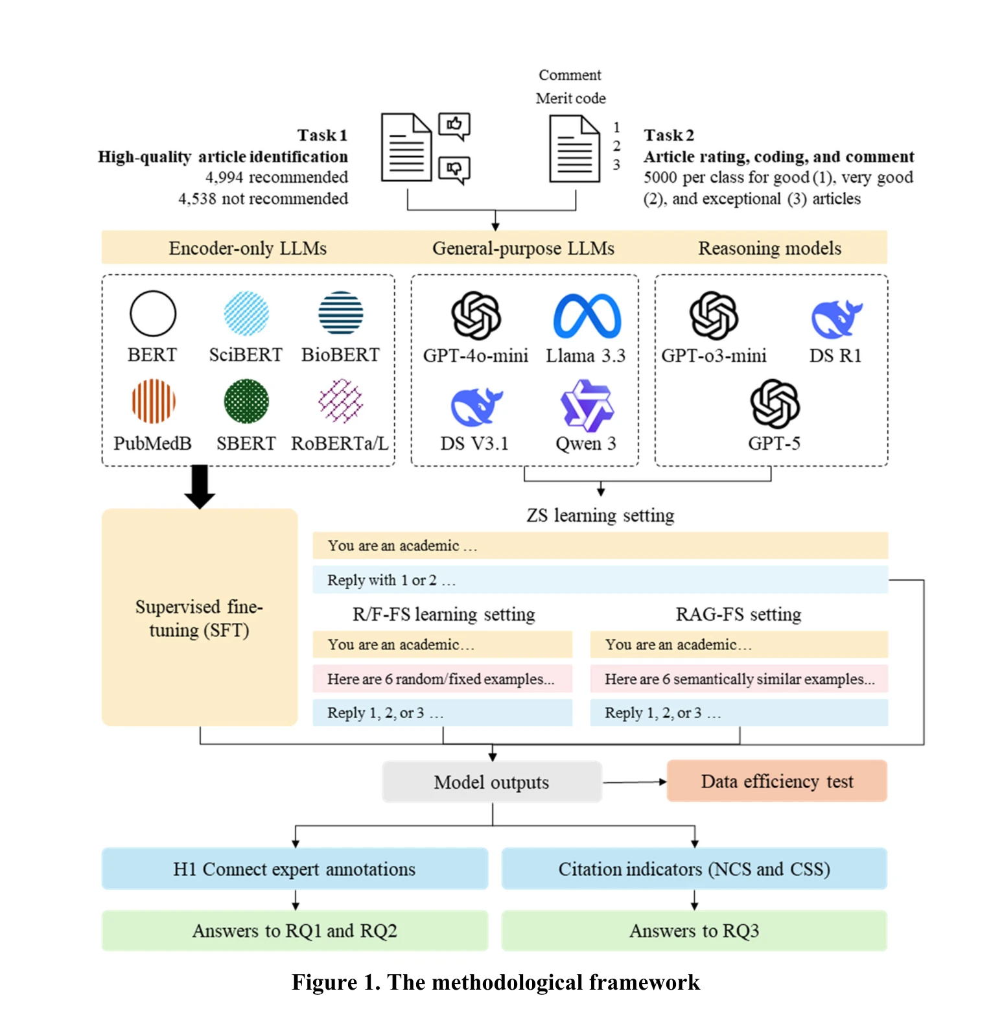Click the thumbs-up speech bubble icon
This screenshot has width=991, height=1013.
[454, 126]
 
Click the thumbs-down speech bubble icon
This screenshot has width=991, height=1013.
[454, 170]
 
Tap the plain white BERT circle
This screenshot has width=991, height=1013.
[153, 314]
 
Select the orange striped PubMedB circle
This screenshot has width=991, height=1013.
[154, 402]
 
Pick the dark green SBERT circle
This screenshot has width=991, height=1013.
[246, 402]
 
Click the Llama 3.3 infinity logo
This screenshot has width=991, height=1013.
[587, 316]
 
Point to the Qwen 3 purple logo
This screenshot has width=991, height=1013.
[587, 405]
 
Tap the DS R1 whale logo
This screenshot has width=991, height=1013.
[837, 319]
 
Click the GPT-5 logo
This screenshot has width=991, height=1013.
[775, 404]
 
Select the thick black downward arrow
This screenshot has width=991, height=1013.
[200, 486]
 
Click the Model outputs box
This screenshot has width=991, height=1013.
[492, 782]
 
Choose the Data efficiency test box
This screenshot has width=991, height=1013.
[777, 781]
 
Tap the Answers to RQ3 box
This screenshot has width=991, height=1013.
[694, 931]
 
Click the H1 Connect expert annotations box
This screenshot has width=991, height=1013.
[295, 868]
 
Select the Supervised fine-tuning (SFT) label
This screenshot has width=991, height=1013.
[200, 618]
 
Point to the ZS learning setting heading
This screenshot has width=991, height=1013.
[600, 515]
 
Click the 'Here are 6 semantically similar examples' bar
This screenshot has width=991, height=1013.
[739, 679]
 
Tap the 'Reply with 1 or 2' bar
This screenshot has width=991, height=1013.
[600, 579]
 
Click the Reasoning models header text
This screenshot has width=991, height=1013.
[770, 248]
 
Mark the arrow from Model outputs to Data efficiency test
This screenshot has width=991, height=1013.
[635, 782]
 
